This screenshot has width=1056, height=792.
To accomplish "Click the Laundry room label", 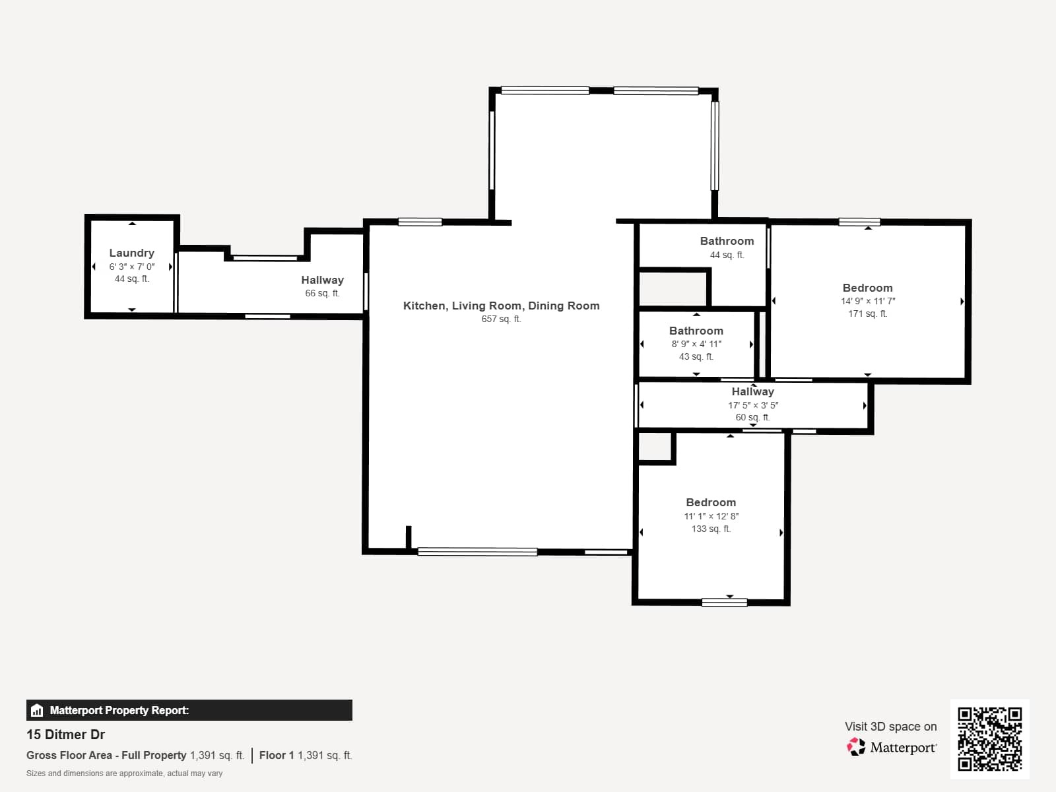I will [131, 253].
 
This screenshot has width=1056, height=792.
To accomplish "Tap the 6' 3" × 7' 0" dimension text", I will [131, 267].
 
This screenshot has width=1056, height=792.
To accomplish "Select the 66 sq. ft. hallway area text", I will [322, 293].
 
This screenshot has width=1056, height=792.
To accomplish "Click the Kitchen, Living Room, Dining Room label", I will [501, 306].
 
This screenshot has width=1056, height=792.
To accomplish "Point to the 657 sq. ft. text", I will [501, 319].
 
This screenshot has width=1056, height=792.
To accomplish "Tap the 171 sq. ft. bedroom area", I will [867, 313].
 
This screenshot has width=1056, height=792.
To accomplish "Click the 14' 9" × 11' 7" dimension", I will [867, 301].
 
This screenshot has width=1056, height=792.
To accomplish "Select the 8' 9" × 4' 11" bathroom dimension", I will [696, 344].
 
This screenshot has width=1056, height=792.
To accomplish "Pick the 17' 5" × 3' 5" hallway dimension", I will [753, 405].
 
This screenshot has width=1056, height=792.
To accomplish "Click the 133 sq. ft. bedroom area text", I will [711, 529].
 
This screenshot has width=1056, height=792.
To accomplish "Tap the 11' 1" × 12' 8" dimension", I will [711, 516].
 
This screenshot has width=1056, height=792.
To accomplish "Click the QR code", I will [989, 739].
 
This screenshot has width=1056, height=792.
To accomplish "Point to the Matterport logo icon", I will [856, 747].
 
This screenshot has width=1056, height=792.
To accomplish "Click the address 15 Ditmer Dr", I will [65, 735].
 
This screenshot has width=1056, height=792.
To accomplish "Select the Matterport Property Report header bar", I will [189, 710].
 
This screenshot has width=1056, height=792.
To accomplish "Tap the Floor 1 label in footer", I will [276, 755].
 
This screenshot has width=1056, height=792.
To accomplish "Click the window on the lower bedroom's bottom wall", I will [724, 602].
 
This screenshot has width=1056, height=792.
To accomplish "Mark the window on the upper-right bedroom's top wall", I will [859, 222].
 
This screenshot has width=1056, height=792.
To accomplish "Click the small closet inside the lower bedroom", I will [655, 447].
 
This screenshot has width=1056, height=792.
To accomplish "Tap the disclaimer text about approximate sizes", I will [124, 774].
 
